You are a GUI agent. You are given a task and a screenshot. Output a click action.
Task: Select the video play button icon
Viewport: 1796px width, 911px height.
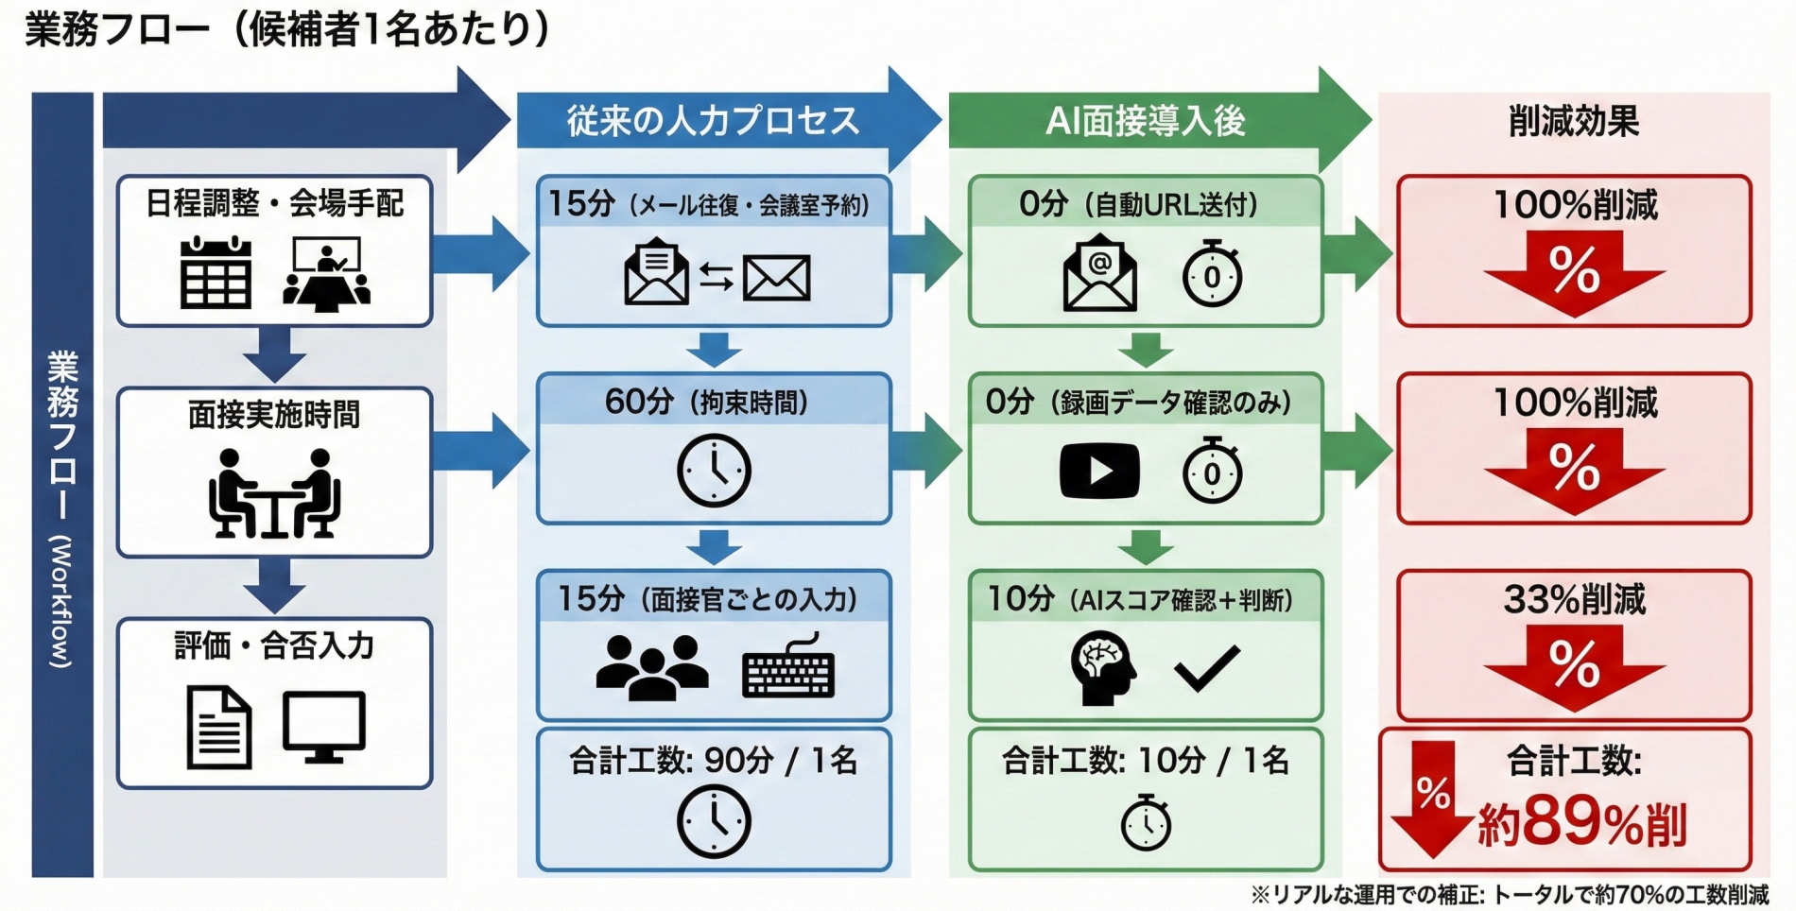click(x=1099, y=471)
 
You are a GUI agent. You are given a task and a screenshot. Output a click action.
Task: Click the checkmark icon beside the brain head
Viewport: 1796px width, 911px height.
click(x=1206, y=668)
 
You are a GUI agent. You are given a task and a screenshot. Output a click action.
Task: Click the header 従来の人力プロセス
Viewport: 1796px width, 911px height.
click(x=713, y=121)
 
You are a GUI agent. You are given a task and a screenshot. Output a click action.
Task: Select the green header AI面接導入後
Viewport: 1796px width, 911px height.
click(x=1145, y=121)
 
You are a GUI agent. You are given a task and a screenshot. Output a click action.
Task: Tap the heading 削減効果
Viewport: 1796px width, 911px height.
click(x=1573, y=121)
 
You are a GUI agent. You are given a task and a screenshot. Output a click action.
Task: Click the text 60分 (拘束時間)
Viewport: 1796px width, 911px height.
click(x=706, y=402)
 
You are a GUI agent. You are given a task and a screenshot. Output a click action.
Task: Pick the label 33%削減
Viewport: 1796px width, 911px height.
click(x=1574, y=599)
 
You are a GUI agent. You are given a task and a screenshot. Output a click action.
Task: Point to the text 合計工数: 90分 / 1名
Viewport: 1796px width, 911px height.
click(x=713, y=760)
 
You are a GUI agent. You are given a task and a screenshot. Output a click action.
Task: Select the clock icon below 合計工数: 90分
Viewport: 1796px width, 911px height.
click(x=714, y=822)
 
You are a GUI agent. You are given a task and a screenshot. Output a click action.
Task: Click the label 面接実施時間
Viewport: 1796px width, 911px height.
click(x=273, y=414)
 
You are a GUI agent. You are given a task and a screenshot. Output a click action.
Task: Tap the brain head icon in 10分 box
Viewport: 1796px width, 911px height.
click(x=1102, y=668)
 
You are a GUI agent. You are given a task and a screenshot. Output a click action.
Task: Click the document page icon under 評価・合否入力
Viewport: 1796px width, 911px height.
click(x=219, y=727)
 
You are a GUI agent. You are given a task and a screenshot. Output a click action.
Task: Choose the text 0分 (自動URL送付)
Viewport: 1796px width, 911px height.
click(x=1138, y=204)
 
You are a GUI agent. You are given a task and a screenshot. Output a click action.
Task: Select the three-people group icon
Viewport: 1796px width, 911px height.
click(x=652, y=666)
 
